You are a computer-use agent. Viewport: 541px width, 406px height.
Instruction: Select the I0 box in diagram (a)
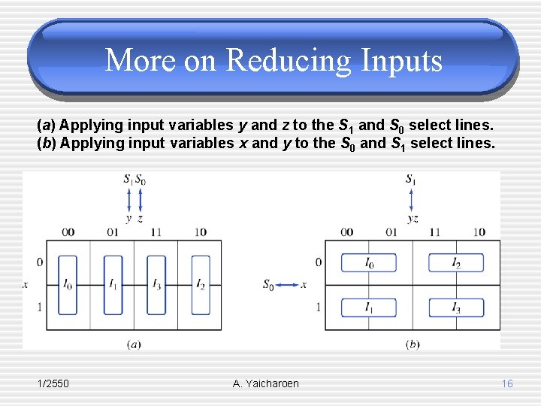(68, 285)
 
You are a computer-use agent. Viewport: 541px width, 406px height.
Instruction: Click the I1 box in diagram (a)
(113, 285)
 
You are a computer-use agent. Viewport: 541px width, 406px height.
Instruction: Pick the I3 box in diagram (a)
(156, 285)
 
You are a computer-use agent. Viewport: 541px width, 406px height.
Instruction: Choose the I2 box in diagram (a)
(201, 285)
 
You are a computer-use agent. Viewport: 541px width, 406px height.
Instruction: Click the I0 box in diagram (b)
(369, 262)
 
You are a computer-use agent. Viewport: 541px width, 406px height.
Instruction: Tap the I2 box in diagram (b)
(456, 262)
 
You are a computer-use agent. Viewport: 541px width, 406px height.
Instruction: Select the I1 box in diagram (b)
(369, 308)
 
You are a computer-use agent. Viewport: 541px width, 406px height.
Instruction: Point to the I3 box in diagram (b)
(456, 308)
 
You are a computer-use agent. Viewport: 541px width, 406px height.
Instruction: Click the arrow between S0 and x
(287, 285)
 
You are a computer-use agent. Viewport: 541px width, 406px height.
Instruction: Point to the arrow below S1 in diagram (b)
(411, 199)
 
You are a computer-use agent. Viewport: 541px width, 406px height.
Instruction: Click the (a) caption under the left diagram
(134, 344)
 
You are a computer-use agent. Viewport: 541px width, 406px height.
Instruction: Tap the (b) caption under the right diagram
(413, 344)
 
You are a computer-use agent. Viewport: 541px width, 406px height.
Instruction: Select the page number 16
(507, 383)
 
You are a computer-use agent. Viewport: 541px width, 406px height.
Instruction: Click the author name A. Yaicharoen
(266, 383)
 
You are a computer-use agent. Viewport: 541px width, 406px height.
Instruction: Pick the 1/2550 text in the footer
(53, 383)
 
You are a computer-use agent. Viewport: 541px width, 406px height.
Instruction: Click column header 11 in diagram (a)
(156, 232)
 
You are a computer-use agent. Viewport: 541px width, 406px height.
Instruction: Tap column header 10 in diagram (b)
(479, 232)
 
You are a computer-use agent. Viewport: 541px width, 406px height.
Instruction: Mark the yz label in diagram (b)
(413, 219)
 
